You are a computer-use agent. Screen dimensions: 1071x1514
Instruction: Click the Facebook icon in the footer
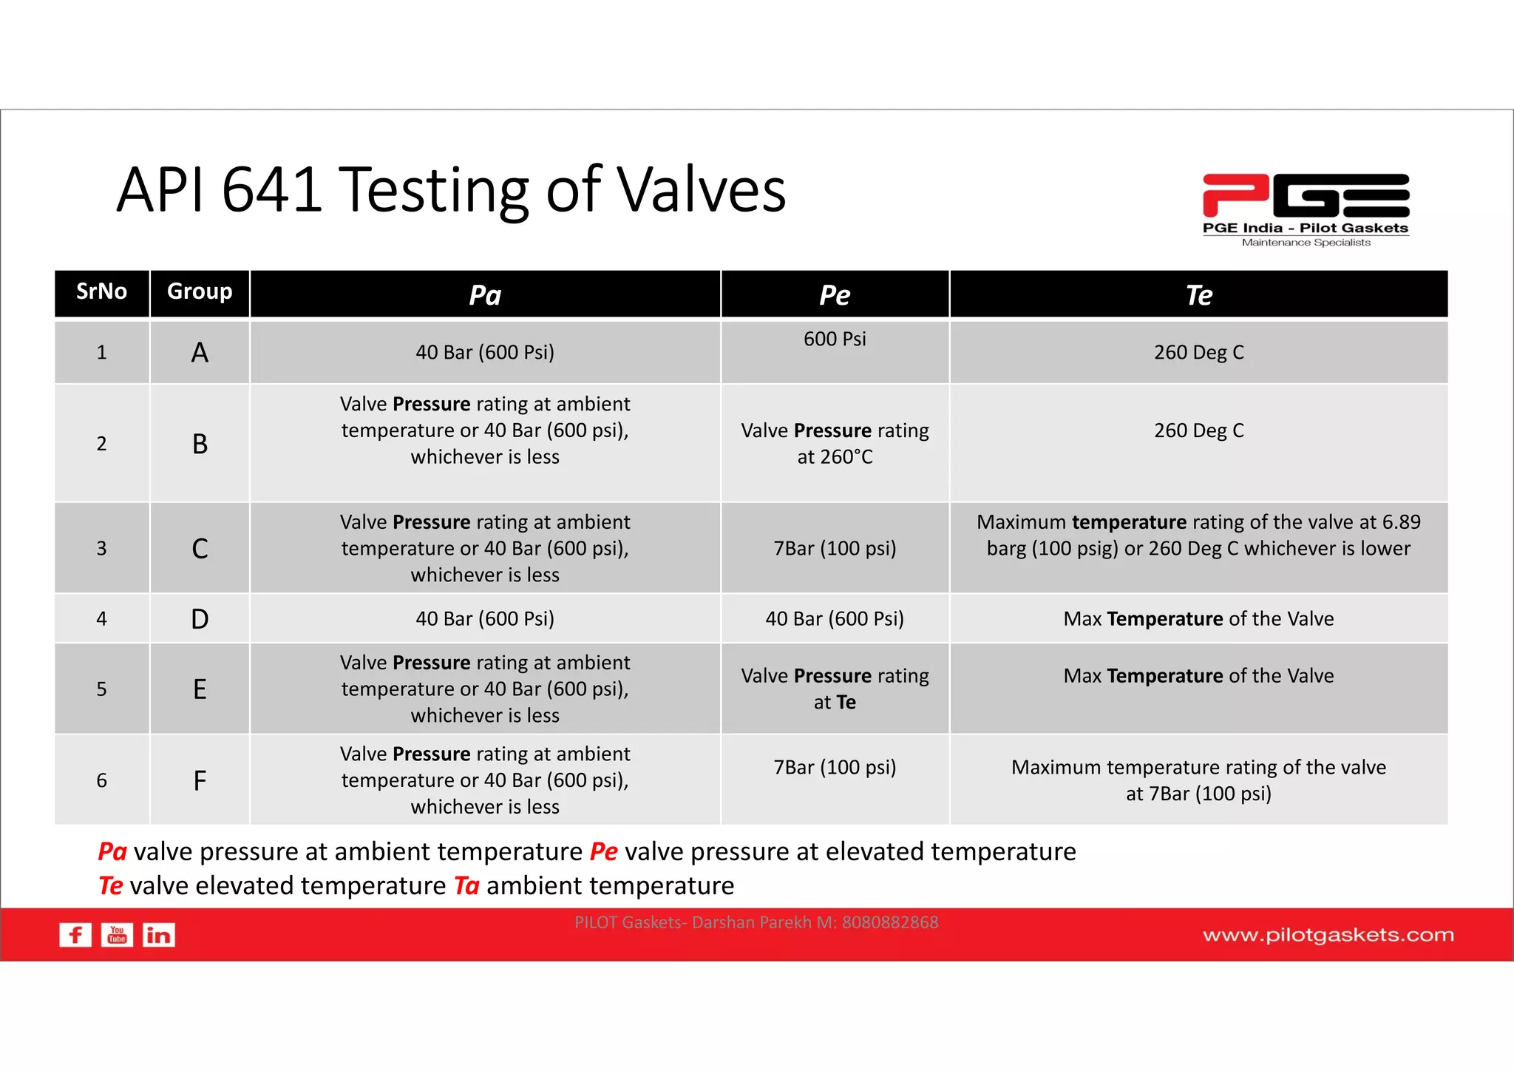[75, 935]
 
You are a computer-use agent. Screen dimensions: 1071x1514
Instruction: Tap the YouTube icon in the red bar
[117, 935]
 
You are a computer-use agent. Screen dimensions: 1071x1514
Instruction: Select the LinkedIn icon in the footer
[158, 935]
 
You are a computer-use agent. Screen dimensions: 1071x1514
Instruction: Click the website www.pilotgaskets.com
[1328, 935]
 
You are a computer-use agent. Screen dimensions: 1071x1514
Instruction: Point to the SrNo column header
[101, 292]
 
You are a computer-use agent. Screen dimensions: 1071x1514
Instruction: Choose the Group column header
[200, 292]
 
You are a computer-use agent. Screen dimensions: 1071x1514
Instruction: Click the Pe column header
[835, 295]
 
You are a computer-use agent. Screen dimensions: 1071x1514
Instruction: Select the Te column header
[1198, 295]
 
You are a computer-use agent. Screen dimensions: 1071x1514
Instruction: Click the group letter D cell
[200, 619]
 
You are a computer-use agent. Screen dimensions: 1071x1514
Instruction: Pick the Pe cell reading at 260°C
[835, 444]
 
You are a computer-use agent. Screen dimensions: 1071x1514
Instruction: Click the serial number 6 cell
[101, 780]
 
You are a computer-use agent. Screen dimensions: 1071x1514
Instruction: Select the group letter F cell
[200, 780]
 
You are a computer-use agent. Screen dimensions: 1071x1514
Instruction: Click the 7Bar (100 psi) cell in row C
[835, 548]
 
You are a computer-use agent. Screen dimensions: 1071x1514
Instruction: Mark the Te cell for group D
[1198, 619]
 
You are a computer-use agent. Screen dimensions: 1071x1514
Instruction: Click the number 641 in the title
[272, 191]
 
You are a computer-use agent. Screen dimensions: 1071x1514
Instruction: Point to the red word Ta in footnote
[466, 885]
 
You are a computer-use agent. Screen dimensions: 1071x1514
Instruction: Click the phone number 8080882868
[890, 922]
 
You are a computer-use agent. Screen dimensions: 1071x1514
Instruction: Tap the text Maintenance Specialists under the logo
[1306, 243]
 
